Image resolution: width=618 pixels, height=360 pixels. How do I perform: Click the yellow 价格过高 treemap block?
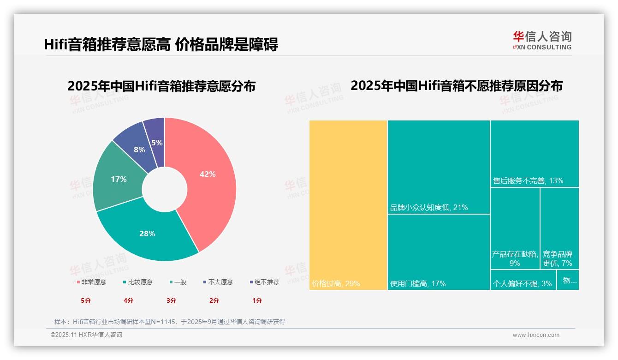348,203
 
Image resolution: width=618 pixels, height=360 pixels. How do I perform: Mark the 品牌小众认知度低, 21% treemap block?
438,166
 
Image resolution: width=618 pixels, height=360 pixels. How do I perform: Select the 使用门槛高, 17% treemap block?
438,252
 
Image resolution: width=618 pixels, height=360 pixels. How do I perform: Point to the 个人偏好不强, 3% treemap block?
523,280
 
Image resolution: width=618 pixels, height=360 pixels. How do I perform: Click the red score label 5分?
86,300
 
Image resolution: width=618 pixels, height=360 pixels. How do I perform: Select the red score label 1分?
257,300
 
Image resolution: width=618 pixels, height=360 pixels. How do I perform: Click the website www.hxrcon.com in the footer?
536,335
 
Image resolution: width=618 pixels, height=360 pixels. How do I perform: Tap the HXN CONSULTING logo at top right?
542,41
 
